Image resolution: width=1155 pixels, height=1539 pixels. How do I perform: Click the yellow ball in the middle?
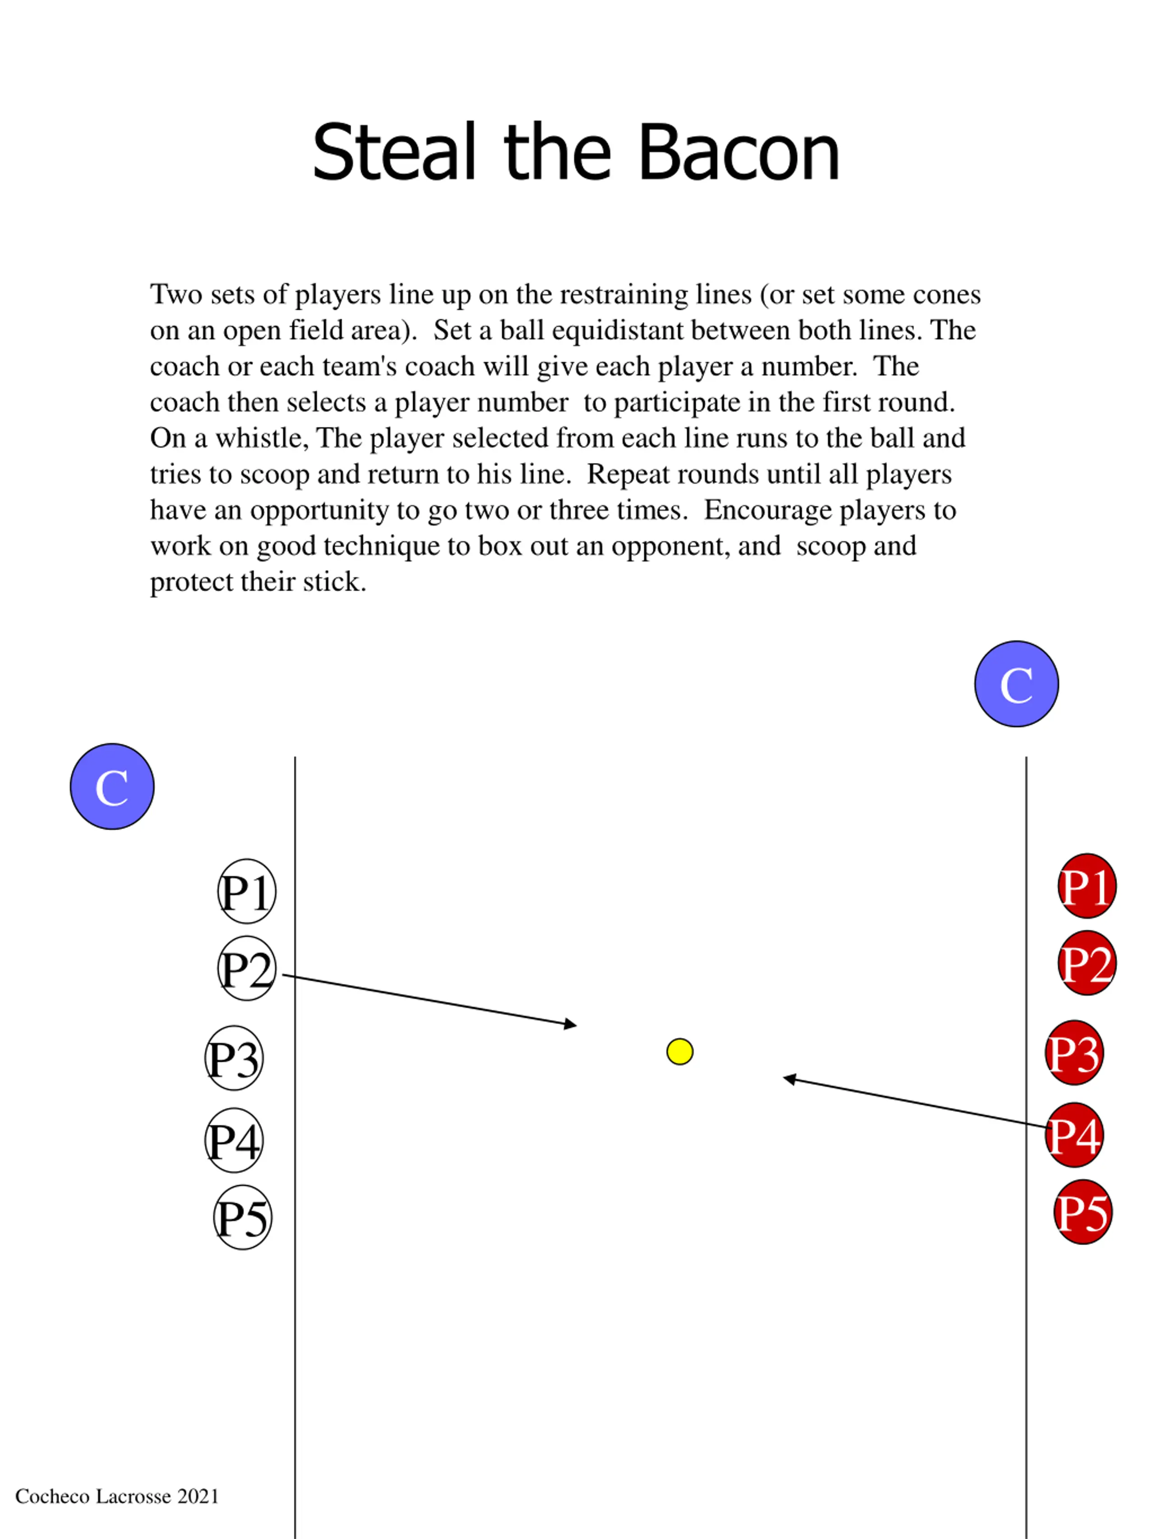tap(679, 1051)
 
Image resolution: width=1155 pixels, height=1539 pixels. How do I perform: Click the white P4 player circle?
tap(234, 1139)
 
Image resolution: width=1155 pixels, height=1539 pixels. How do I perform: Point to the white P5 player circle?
tap(242, 1217)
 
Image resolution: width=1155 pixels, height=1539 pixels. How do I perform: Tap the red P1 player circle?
tap(1087, 886)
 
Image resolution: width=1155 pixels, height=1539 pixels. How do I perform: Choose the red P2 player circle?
tap(1087, 963)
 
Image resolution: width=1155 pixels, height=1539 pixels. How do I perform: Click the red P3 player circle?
tap(1074, 1052)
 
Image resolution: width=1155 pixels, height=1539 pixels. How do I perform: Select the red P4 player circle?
tap(1074, 1135)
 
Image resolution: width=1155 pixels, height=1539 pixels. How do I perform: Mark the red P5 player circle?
tap(1083, 1211)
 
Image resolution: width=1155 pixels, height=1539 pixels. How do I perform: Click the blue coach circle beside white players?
tap(112, 786)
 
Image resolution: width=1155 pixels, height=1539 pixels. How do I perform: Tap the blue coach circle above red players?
tap(1016, 684)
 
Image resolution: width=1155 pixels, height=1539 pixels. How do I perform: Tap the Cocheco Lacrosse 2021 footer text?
tap(117, 1496)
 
